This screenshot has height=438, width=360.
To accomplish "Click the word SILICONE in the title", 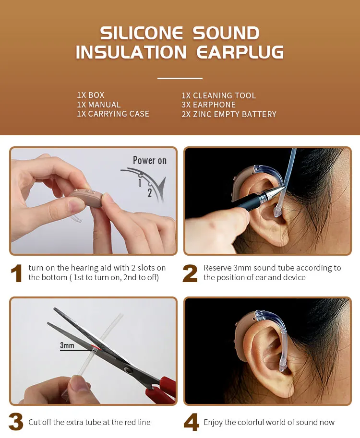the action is [142, 33].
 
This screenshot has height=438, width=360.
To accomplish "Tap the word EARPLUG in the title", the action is [240, 52].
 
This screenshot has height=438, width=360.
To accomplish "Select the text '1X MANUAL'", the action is [99, 105].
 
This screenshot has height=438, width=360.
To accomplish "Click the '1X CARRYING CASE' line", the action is [113, 114].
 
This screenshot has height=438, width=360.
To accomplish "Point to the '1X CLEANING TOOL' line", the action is [218, 95].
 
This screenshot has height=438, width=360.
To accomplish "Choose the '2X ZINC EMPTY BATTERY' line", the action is [229, 114].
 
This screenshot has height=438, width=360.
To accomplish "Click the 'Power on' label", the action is [150, 160].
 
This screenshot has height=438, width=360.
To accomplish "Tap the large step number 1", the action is [16, 273].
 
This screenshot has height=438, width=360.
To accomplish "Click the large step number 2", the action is [190, 273].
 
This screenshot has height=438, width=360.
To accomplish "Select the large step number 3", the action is [16, 422].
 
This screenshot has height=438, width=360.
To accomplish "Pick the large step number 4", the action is [192, 422].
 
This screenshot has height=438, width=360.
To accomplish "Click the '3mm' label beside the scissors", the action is [67, 345].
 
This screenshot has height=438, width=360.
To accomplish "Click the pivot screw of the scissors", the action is [129, 370].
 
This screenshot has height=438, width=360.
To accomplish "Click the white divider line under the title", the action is [180, 78].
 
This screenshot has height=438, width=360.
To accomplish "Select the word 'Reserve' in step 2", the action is [218, 268].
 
